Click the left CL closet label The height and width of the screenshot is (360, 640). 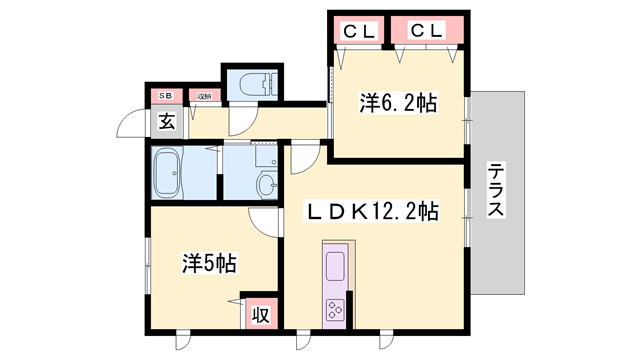click(x=360, y=30)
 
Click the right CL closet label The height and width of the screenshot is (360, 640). click(x=428, y=30)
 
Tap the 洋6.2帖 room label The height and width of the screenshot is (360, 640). click(x=399, y=103)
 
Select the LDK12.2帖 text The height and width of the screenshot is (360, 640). click(x=372, y=211)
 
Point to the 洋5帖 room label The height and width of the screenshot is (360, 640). click(x=209, y=264)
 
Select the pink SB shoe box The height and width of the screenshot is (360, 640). click(x=164, y=96)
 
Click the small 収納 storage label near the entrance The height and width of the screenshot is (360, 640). click(x=203, y=96)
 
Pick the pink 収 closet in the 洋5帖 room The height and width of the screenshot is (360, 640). click(x=260, y=314)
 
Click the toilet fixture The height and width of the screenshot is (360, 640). click(x=249, y=85)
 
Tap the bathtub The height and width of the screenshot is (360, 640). click(x=168, y=174)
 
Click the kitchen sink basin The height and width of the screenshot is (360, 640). click(x=334, y=267)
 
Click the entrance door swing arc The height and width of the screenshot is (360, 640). click(x=129, y=127)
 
